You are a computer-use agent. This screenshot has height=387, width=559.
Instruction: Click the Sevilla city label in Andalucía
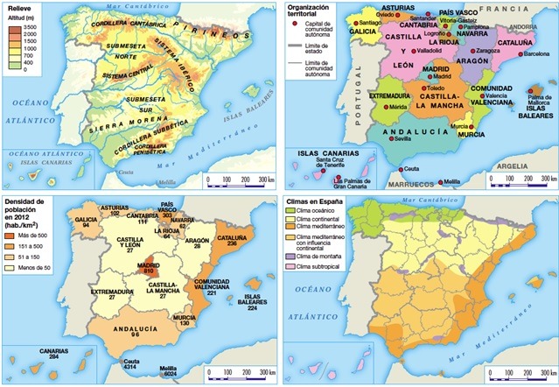point(402,138)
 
